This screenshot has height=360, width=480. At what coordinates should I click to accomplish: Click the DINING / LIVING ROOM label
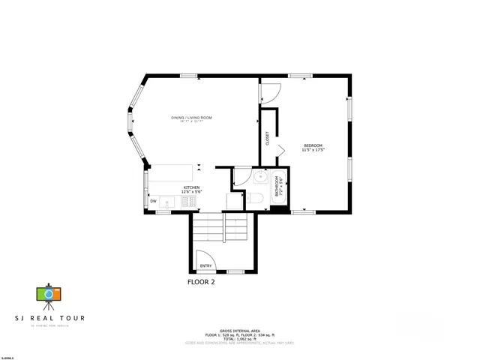pyautogui.click(x=192, y=118)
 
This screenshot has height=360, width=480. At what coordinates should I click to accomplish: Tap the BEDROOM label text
pyautogui.click(x=313, y=145)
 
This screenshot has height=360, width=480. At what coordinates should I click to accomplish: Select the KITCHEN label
pyautogui.click(x=192, y=187)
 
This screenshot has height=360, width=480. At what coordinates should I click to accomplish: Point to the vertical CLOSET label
pyautogui.click(x=267, y=138)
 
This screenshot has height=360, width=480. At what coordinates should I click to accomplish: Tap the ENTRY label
pyautogui.click(x=206, y=265)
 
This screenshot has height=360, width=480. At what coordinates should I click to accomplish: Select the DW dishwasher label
pyautogui.click(x=153, y=201)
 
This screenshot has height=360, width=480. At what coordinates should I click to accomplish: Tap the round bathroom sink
pyautogui.click(x=259, y=178)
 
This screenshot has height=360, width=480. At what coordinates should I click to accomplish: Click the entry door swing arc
pyautogui.click(x=205, y=259)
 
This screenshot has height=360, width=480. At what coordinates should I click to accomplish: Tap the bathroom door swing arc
pyautogui.click(x=241, y=177)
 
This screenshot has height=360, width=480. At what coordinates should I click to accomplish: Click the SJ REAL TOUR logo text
pyautogui.click(x=49, y=318)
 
